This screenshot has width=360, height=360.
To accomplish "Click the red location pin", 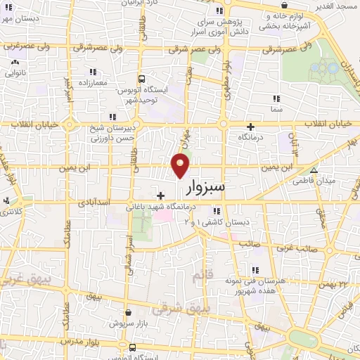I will [x=181, y=164].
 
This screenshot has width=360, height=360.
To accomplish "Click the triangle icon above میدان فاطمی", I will [x=314, y=169].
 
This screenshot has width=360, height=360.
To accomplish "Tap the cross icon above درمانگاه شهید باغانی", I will [x=161, y=195].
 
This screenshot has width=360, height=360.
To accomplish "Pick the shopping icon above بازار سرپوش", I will [x=127, y=313].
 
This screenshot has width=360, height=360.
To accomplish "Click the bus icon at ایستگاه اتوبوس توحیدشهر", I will [x=141, y=79].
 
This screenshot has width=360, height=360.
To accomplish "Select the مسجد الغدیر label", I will [x=336, y=6].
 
